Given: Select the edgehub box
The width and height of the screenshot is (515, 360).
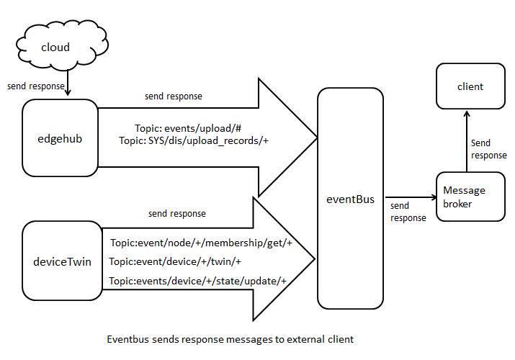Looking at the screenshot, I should [61, 138].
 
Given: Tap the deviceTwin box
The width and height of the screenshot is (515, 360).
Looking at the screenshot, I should [62, 261].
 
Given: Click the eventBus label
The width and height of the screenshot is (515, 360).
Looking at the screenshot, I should [351, 199].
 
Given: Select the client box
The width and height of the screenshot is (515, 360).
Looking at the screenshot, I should [470, 86].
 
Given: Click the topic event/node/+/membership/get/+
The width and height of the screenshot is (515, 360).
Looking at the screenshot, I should [201, 243].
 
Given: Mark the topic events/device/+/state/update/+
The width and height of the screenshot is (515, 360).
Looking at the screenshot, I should [198, 280].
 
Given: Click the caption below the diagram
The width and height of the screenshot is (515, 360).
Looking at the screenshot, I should [230, 338].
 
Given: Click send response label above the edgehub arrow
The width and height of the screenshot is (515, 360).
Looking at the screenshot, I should [174, 96].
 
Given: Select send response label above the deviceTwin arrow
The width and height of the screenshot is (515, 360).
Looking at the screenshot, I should [176, 213].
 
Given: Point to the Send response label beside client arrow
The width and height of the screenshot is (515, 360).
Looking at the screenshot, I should [488, 149].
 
